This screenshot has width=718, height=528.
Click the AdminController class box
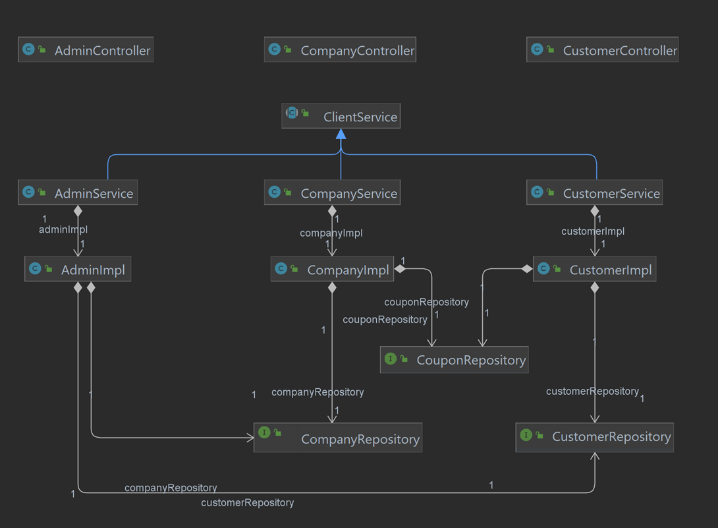[86, 50]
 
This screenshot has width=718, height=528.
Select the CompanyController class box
[340, 50]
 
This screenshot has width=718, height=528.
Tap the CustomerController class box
[602, 50]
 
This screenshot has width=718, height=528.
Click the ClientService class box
[341, 117]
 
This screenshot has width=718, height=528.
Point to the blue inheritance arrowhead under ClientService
[341, 134]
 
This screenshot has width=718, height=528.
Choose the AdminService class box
[78, 193]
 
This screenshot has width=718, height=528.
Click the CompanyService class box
[332, 193]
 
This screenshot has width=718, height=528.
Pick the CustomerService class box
[594, 193]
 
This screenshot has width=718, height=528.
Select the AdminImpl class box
[78, 270]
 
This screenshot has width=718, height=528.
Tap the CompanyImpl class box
[332, 270]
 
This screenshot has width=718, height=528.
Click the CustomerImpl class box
[594, 270]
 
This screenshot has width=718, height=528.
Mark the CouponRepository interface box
[454, 360]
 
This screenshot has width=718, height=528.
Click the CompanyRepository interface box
[337, 439]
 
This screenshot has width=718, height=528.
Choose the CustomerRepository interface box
[594, 437]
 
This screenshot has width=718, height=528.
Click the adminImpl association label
[63, 230]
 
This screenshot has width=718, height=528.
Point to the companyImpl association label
[331, 233]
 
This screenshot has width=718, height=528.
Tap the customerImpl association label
[593, 231]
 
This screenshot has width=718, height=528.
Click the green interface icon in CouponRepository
[390, 359]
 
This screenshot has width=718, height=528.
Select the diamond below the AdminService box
[78, 211]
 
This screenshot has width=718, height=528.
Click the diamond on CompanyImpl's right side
[400, 269]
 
